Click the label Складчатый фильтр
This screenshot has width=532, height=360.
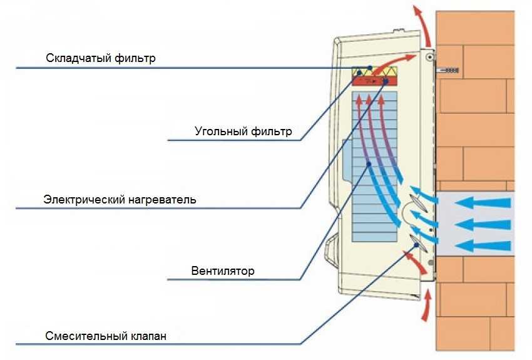click(x=100, y=58)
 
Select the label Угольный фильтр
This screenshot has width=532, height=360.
click(x=243, y=131)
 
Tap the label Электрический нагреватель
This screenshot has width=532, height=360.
click(x=120, y=200)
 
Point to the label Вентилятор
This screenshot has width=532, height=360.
click(x=223, y=271)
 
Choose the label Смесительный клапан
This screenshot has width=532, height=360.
click(x=106, y=336)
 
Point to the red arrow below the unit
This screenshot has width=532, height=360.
click(x=426, y=306)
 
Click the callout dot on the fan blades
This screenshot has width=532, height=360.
click(x=369, y=164)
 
